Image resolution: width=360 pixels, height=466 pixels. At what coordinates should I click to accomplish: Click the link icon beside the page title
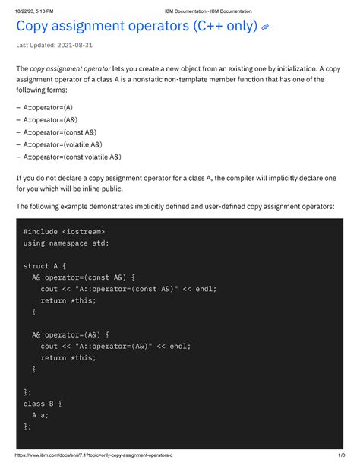[265, 28]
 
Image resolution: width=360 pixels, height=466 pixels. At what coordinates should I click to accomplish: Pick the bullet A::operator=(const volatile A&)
[71, 157]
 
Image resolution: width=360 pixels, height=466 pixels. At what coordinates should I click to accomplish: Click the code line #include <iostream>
[65, 230]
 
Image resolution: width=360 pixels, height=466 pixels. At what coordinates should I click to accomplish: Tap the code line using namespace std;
[66, 243]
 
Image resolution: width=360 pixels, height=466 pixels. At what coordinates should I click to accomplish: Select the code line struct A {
[46, 267]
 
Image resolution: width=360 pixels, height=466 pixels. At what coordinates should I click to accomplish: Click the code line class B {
[43, 403]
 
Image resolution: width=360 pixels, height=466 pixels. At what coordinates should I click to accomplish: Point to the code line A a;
[40, 415]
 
